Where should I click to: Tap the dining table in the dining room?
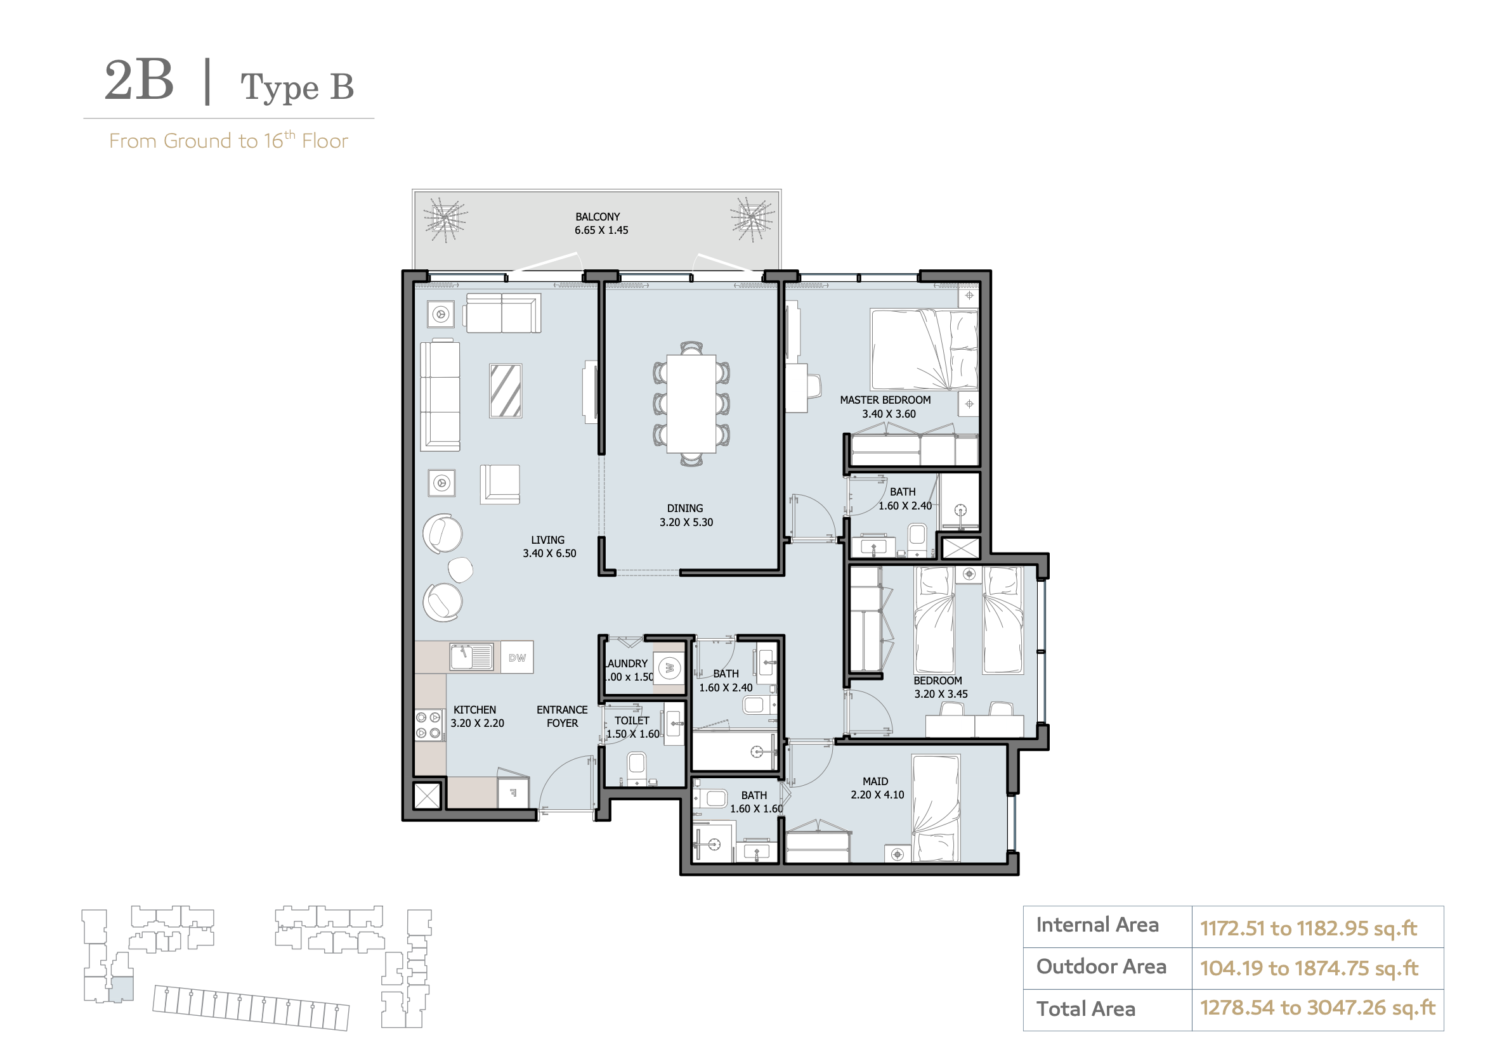point(691,403)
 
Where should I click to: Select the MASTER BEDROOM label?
point(885,407)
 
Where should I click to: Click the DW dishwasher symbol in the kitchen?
point(516,657)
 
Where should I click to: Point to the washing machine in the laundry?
point(670,669)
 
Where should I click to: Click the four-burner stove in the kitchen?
point(429,725)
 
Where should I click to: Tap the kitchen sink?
point(471,656)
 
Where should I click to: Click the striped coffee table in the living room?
point(506,391)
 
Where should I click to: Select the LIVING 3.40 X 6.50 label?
point(549,546)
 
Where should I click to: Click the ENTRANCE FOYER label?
point(562,717)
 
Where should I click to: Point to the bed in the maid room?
point(935,808)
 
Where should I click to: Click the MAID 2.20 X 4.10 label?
point(877,788)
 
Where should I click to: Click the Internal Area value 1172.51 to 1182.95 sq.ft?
point(1308,928)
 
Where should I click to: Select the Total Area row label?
point(1086,1009)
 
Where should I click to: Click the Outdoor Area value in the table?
point(1309,968)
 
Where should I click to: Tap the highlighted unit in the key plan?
point(121,989)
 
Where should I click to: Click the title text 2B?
point(140,80)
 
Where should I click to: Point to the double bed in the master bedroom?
point(924,349)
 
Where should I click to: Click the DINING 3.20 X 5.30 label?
point(686,516)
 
